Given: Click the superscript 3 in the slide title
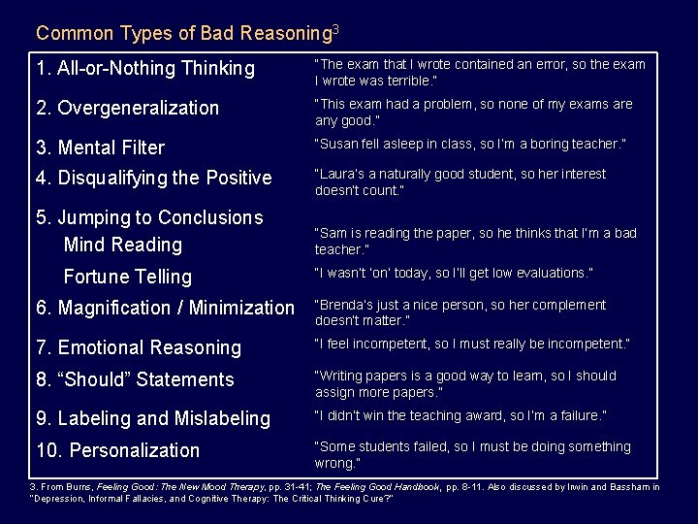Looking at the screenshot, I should click(335, 29).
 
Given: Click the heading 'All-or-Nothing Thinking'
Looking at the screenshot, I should click(144, 69).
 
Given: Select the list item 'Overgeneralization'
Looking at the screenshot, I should click(128, 108).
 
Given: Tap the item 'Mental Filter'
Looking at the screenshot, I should click(100, 147).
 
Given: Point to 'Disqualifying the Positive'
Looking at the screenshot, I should click(153, 178).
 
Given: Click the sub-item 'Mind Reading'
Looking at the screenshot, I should click(122, 245).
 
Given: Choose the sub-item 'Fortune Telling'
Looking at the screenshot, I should click(127, 277).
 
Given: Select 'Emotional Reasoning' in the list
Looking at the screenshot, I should click(138, 347).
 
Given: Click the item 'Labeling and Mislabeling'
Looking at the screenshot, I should click(152, 418).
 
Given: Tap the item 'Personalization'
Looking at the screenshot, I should click(117, 450).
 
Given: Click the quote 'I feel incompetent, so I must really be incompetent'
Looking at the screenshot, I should click(472, 344).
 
